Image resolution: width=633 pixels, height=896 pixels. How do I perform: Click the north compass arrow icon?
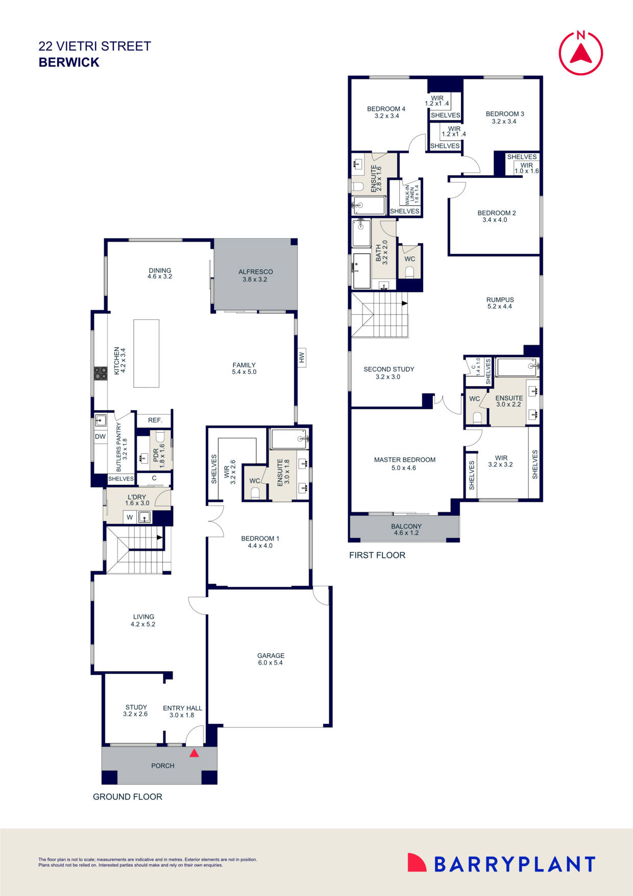[x=581, y=53]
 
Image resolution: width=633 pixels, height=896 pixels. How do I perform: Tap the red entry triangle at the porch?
[x=194, y=753]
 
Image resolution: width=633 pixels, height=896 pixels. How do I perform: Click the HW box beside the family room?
[x=301, y=358]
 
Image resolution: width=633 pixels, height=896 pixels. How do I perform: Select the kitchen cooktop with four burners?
[x=100, y=373]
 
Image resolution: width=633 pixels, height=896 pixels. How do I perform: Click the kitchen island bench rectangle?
[x=147, y=353]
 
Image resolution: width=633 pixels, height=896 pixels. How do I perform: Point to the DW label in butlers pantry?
[x=100, y=436]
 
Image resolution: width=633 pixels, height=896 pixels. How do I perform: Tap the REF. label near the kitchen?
[x=155, y=420]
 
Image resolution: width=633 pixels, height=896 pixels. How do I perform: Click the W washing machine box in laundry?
[x=130, y=517]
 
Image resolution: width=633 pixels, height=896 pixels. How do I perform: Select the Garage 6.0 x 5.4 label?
[x=271, y=659]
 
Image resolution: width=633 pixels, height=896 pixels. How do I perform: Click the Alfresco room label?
[x=255, y=275]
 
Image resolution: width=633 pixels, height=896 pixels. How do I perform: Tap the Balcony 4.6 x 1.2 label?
[x=406, y=529]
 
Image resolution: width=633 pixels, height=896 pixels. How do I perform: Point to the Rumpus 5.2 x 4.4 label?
[x=500, y=303]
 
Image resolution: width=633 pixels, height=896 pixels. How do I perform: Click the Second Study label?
[x=388, y=372]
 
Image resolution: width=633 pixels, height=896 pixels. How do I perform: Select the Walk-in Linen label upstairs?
[x=411, y=194]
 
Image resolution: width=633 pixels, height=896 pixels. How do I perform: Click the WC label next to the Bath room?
[x=409, y=259]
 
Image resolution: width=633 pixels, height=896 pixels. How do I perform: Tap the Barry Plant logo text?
[x=514, y=864]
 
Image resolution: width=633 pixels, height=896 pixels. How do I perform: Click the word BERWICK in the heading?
[x=69, y=62]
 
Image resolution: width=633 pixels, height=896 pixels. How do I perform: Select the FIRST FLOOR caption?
[x=377, y=555]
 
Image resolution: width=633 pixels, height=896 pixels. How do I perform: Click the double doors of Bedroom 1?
[x=215, y=521]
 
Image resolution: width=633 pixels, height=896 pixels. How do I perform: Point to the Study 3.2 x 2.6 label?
[x=135, y=711]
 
